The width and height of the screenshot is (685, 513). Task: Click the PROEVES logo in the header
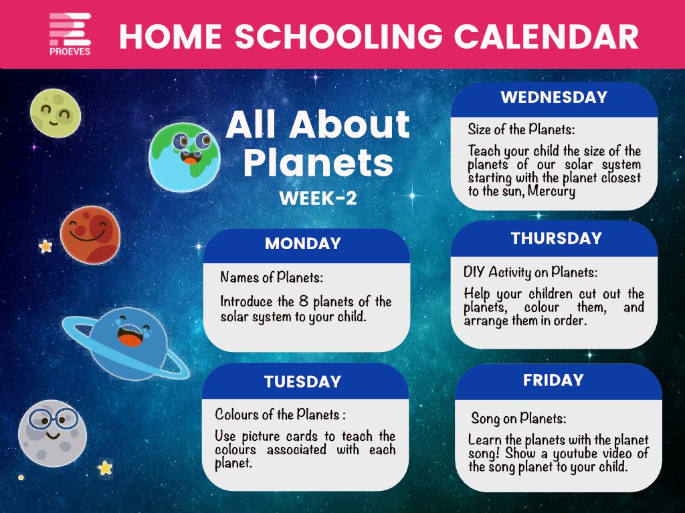click(70, 34)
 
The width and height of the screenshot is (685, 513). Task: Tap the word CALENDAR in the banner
click(547, 36)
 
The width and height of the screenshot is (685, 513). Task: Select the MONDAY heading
click(303, 243)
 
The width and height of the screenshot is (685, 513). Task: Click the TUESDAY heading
click(302, 381)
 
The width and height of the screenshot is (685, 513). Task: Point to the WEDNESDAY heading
click(554, 97)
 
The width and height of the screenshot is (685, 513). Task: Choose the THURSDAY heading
click(557, 238)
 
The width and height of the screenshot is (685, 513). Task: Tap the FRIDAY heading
click(553, 380)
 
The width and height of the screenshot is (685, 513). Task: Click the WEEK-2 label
click(318, 198)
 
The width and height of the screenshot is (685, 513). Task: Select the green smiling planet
click(56, 113)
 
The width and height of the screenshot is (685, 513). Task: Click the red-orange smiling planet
click(90, 234)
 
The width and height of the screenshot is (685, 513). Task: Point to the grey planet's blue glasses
click(54, 419)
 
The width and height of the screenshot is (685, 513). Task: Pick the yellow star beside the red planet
click(45, 246)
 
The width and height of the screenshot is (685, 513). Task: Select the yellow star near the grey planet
click(105, 468)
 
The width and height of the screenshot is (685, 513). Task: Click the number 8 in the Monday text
click(304, 301)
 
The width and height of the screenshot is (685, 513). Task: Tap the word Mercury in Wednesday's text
click(551, 192)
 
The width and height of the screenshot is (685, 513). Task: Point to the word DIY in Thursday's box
click(474, 273)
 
